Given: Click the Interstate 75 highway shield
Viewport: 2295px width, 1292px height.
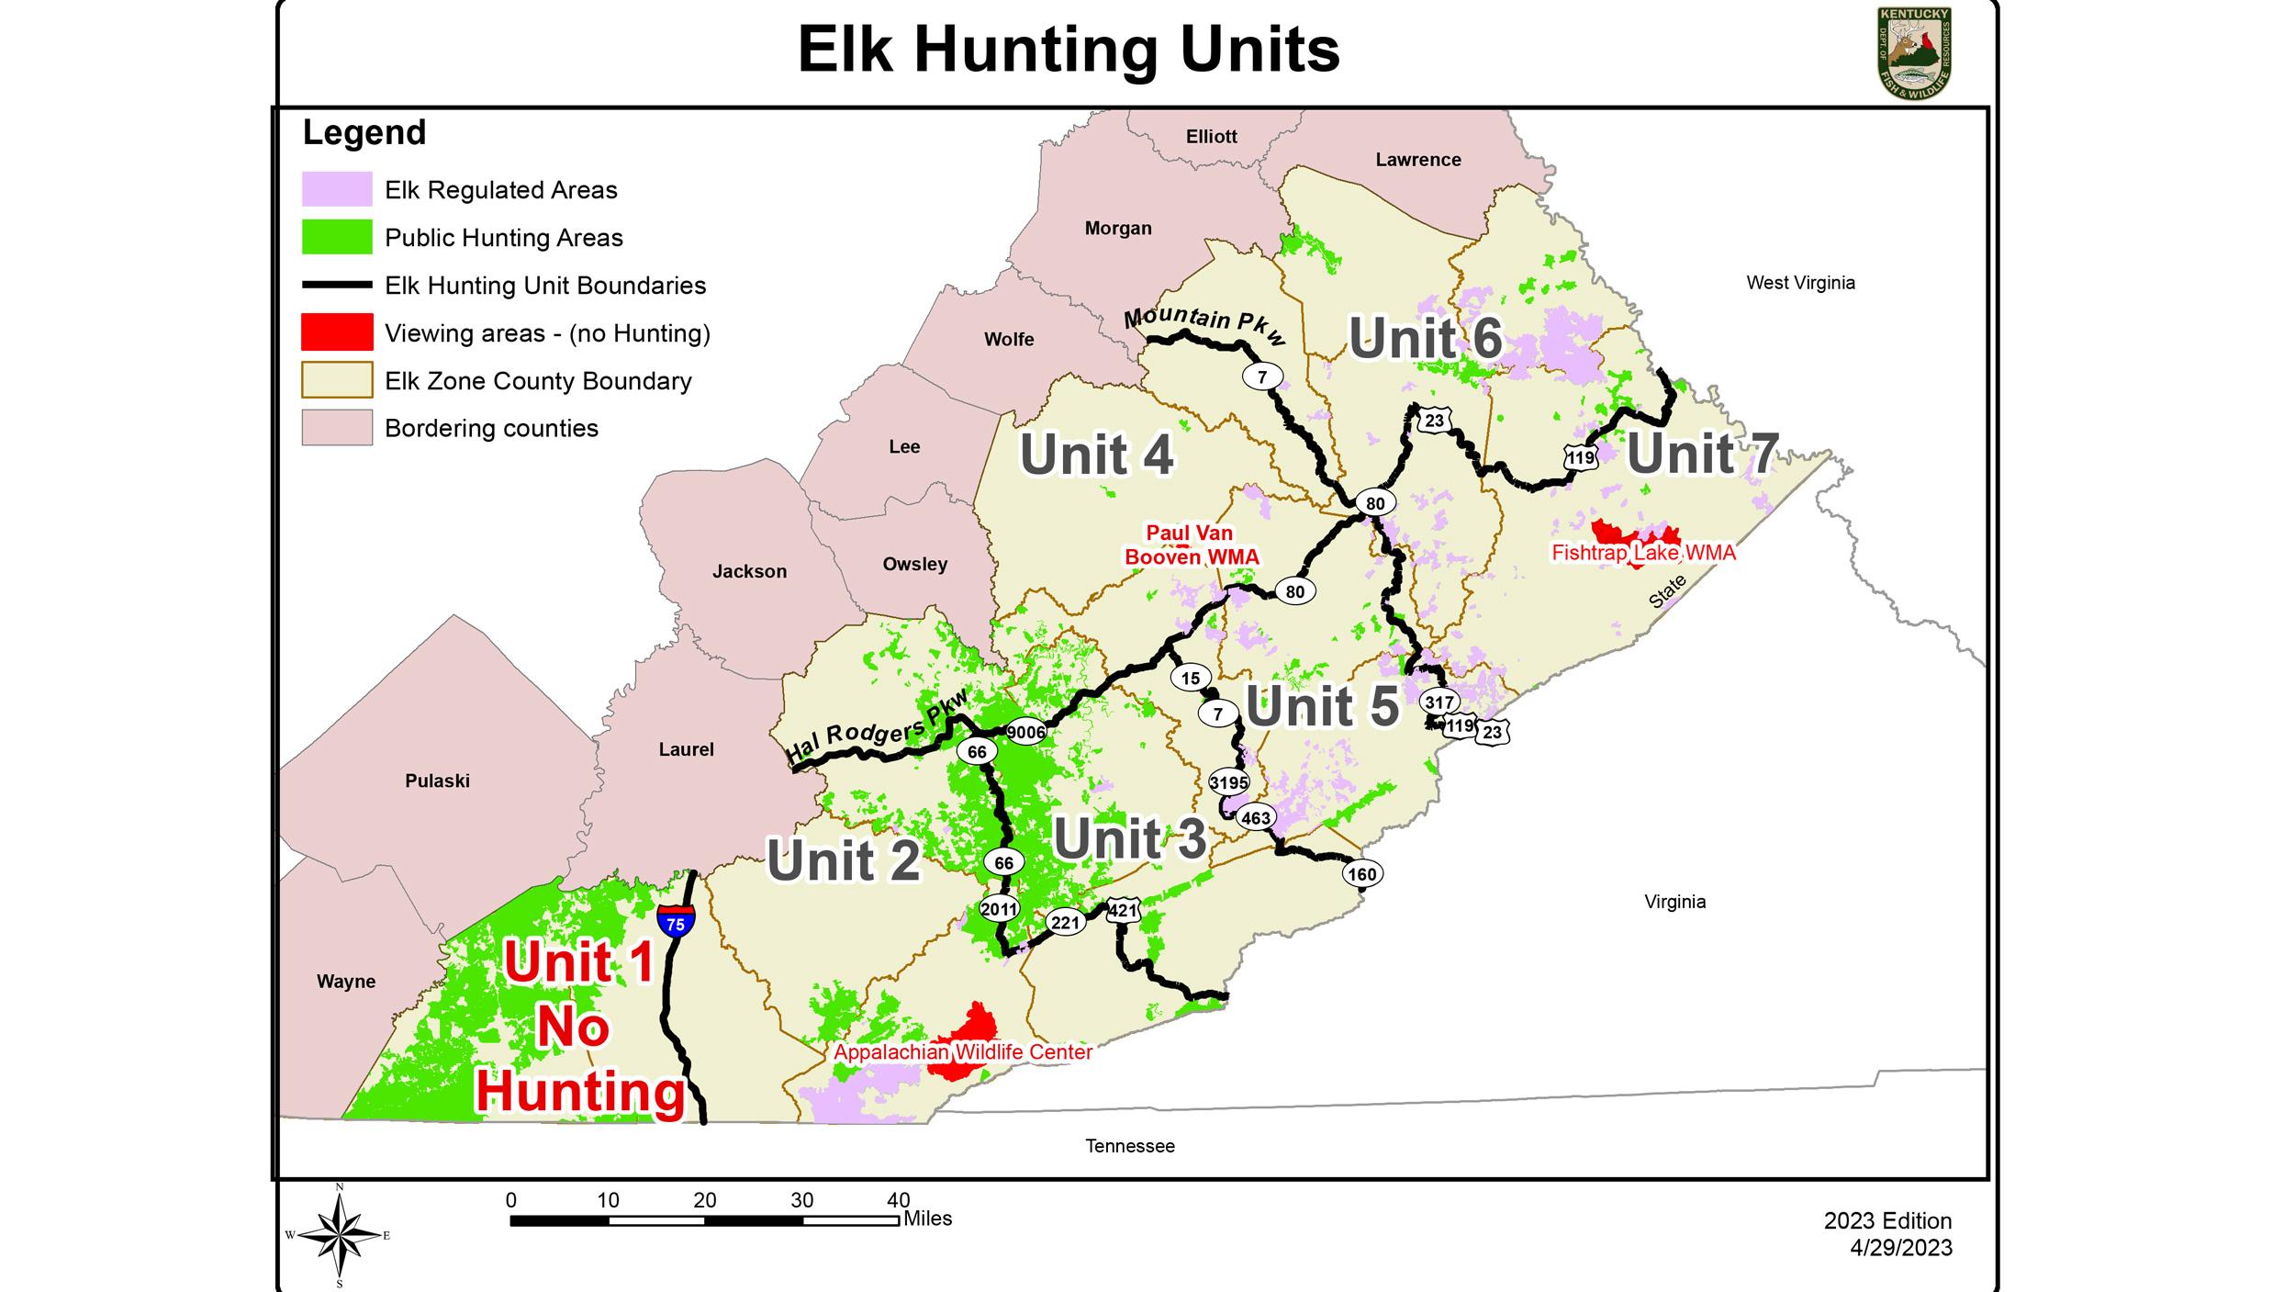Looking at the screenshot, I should coord(676,920).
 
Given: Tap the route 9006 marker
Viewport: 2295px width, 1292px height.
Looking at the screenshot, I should coord(1025,732).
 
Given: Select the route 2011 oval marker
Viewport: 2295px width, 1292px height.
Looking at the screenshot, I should coord(999,909).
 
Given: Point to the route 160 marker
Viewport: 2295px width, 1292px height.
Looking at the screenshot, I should coord(1361,873).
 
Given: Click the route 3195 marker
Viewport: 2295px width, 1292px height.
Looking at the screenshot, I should coord(1228,782).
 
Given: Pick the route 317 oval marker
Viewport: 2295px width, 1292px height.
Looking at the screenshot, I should coord(1439,702).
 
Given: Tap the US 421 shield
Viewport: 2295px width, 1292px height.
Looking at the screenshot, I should coord(1123,911).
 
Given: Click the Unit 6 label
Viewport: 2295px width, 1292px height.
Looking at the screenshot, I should coord(1425,338).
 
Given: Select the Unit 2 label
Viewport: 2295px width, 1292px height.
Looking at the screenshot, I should coord(843,860).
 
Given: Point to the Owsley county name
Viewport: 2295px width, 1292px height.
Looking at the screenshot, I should coord(914,564).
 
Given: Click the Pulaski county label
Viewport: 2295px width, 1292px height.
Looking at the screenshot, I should coord(437,781).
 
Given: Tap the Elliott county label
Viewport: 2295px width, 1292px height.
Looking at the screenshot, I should coord(1211,137).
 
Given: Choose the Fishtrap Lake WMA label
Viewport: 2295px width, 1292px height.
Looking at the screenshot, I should coord(1643,553).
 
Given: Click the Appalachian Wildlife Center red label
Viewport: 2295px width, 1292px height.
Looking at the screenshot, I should coord(962,1052).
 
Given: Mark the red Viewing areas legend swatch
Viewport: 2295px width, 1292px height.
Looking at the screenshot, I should coord(337,332).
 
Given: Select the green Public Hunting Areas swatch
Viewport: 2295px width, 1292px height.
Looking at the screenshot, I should coord(337,237).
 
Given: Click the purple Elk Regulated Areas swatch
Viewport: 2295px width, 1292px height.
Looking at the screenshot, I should coord(337,189).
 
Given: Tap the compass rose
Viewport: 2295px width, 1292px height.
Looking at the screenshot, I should coord(339,1235).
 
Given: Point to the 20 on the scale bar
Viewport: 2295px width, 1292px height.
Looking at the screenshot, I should coord(704,1200).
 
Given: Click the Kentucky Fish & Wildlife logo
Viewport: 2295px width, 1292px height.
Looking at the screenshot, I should coord(1914,53).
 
